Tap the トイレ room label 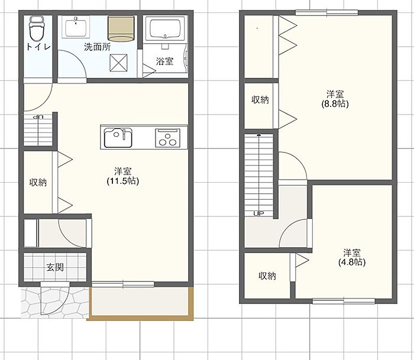coord(38,47)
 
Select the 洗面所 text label coord(98,47)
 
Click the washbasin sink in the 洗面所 coord(76,27)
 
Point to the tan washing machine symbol coord(121,28)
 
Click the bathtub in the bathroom coord(165,28)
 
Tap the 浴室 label coord(164,61)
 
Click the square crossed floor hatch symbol coord(118,63)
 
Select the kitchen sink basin coord(118,138)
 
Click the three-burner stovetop coord(167,138)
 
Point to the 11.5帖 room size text coord(123,181)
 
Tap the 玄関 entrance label coord(55,267)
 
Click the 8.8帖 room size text coord(335,103)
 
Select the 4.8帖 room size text coord(352,262)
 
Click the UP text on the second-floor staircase coord(259,213)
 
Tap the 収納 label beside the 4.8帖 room coord(267,276)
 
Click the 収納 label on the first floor coord(38,182)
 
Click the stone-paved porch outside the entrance coord(55,302)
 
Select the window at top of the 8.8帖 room coord(326,12)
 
